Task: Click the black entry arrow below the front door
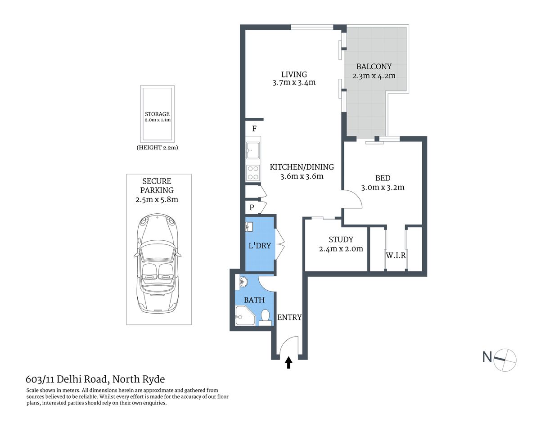coord(289,363)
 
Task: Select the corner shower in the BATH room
coord(244,315)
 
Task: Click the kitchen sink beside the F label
coord(253,150)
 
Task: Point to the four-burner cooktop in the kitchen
coord(253,173)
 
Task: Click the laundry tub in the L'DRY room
coord(249,226)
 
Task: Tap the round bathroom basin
coord(243,283)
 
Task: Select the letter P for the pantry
coord(252,207)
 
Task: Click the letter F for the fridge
coord(254,129)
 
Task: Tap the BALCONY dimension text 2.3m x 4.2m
coord(374,76)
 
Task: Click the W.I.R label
coord(396,255)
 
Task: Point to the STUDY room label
coord(341,239)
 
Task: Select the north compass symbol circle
coord(505,360)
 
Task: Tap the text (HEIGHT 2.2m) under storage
coord(157,148)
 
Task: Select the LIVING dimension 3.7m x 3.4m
coord(294,83)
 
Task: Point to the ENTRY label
coord(289,317)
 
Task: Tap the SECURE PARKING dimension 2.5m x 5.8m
coord(157,199)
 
